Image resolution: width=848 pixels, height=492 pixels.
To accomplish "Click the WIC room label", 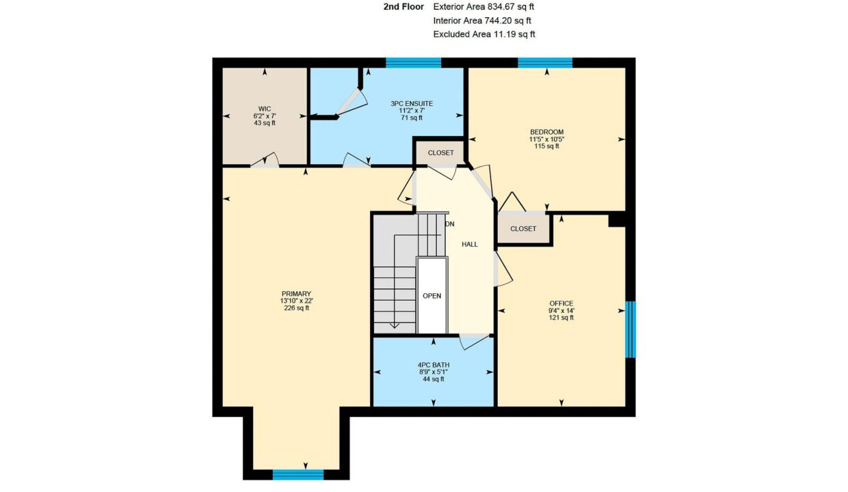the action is pyautogui.click(x=265, y=109).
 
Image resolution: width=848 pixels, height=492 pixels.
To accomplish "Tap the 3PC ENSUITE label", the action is pyautogui.click(x=412, y=104).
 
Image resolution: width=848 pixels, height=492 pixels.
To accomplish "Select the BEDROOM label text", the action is pyautogui.click(x=546, y=132).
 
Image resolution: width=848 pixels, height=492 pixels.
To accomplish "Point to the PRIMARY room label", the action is pyautogui.click(x=296, y=294).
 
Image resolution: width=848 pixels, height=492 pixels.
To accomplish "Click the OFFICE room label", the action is pyautogui.click(x=561, y=303).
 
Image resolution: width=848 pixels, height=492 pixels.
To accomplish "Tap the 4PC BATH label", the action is pyautogui.click(x=434, y=365).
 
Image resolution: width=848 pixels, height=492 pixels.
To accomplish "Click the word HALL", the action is pyautogui.click(x=470, y=245).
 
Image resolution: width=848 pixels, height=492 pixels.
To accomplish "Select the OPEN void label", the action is pyautogui.click(x=432, y=296).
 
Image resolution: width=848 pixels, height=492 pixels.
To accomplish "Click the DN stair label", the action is pyautogui.click(x=450, y=224).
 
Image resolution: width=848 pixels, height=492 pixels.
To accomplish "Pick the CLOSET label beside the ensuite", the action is pyautogui.click(x=440, y=153).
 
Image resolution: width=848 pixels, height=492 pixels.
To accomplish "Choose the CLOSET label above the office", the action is pyautogui.click(x=523, y=229).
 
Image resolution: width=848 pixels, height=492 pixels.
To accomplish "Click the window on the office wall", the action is pyautogui.click(x=631, y=329).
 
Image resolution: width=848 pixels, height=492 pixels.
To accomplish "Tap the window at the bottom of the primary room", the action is pyautogui.click(x=298, y=475).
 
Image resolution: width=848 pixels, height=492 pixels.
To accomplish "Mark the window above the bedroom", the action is pyautogui.click(x=545, y=63).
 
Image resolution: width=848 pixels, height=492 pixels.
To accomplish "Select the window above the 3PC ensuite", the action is pyautogui.click(x=413, y=63).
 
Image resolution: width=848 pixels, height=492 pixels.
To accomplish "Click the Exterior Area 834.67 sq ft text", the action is pyautogui.click(x=483, y=7).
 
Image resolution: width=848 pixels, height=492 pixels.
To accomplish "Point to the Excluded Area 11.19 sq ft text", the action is pyautogui.click(x=484, y=34).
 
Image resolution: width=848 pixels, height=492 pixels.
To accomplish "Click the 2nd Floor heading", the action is pyautogui.click(x=403, y=7).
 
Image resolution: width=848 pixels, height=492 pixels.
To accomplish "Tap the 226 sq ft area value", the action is pyautogui.click(x=296, y=307).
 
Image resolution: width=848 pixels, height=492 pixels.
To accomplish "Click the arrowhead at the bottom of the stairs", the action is pyautogui.click(x=395, y=325).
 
